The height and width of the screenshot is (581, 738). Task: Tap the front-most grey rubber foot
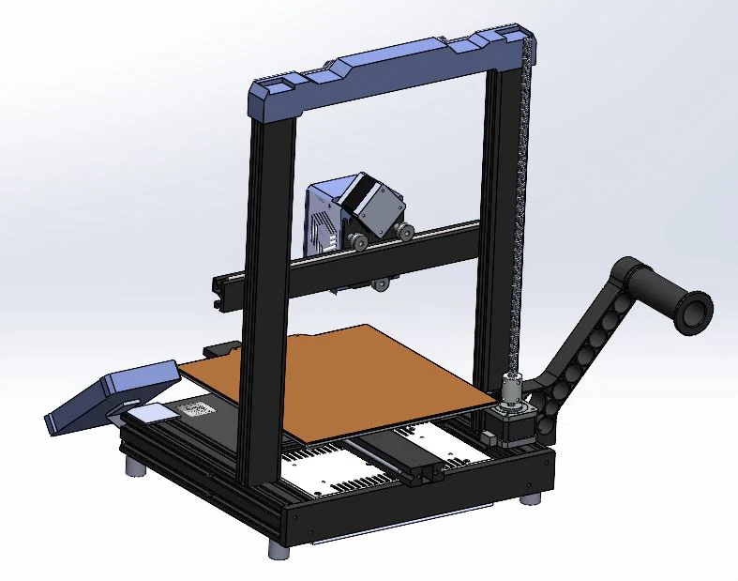click(279, 548)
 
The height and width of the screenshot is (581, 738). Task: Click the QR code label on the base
click(197, 409)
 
